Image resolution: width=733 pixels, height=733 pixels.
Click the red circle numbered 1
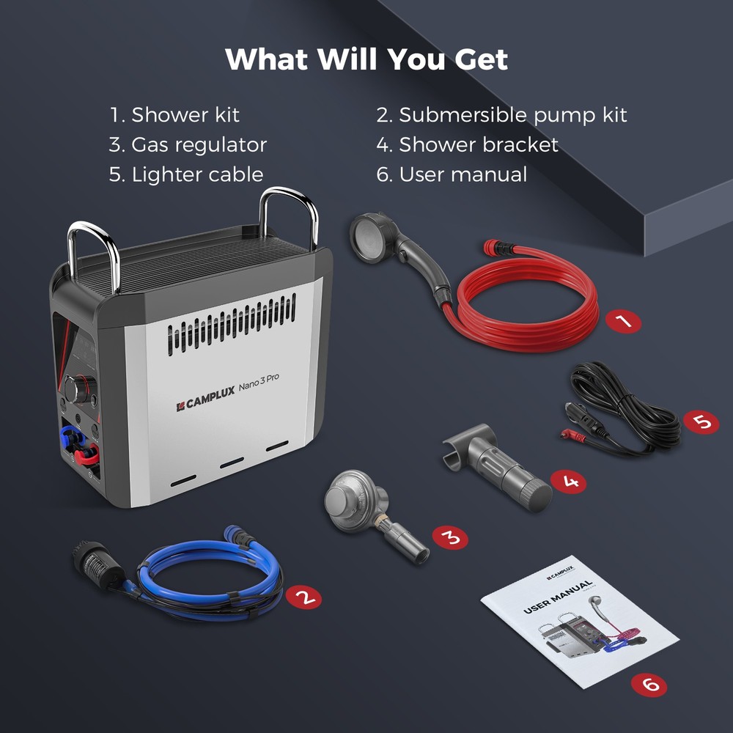coord(623,321)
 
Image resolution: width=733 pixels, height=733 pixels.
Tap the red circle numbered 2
coord(304,597)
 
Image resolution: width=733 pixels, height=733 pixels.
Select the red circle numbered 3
coord(450,537)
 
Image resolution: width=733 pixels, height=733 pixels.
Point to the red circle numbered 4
coord(568,482)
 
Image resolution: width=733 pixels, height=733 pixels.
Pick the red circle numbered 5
coord(701,422)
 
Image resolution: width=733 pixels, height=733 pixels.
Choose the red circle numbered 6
coord(649,685)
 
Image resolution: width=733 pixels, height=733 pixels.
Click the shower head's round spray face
coord(369,237)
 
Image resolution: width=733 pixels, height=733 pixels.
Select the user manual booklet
coord(580,622)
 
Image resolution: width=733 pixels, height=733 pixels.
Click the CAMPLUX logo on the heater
coord(206,399)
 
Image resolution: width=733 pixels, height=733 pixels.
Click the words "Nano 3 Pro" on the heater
coord(259,382)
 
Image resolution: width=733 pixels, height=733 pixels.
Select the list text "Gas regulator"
coord(199,145)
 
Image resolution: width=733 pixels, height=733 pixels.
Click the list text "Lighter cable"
coord(197,174)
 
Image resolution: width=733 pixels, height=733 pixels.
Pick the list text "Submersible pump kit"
coord(513,115)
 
